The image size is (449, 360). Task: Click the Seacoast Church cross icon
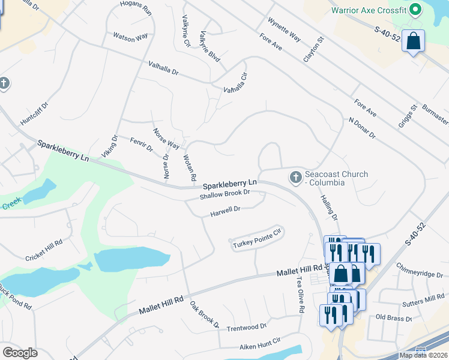[295, 178]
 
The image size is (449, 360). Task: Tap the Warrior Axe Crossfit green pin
[415, 10]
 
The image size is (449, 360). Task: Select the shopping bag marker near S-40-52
[413, 41]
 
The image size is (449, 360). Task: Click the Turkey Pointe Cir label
[256, 238]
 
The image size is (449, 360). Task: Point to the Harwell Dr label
[225, 210]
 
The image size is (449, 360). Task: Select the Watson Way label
[130, 37]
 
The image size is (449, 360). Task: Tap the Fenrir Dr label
[141, 144]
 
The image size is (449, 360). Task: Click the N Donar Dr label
[361, 128]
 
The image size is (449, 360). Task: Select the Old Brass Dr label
[393, 317]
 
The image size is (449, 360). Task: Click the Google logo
[19, 353]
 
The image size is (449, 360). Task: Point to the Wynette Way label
[284, 28]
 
